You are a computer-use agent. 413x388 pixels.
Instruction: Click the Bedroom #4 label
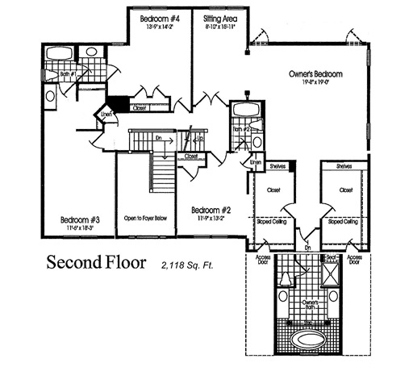pyautogui.click(x=159, y=18)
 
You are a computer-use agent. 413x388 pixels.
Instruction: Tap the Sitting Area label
pyautogui.click(x=220, y=18)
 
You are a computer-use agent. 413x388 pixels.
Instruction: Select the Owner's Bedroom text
pyautogui.click(x=315, y=74)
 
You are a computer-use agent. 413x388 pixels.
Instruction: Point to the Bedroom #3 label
pyautogui.click(x=79, y=219)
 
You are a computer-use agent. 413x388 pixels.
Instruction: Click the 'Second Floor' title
pyautogui.click(x=98, y=262)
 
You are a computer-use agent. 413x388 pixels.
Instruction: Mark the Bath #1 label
pyautogui.click(x=69, y=75)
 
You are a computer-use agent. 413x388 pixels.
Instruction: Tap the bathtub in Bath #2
pyautogui.click(x=241, y=111)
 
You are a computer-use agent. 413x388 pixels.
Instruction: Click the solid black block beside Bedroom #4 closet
pyautogui.click(x=119, y=102)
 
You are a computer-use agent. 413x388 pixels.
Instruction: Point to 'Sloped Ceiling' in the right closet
pyautogui.click(x=345, y=221)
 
